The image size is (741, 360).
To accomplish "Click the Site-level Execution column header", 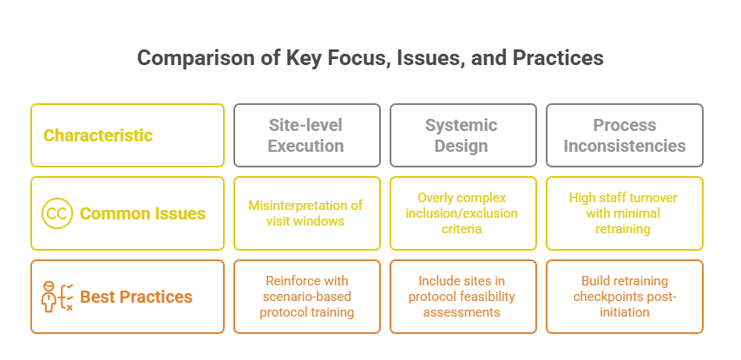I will tap(306, 135).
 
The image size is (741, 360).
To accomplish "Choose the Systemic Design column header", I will tap(461, 135).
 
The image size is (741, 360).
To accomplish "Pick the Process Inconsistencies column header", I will tap(624, 135).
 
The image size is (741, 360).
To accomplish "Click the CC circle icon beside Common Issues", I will tap(56, 213).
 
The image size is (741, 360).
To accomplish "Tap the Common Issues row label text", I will tap(142, 213).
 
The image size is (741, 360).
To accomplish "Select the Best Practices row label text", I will tap(136, 297).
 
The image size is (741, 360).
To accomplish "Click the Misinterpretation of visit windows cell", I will tap(306, 213).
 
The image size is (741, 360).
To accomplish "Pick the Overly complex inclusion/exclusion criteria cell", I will tap(461, 213).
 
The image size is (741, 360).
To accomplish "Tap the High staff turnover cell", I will tap(624, 213).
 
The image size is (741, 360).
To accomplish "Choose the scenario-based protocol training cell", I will tap(306, 297).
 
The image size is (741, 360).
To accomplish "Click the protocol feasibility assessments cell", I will tap(461, 297).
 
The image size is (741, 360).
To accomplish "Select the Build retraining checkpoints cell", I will tap(624, 297).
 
